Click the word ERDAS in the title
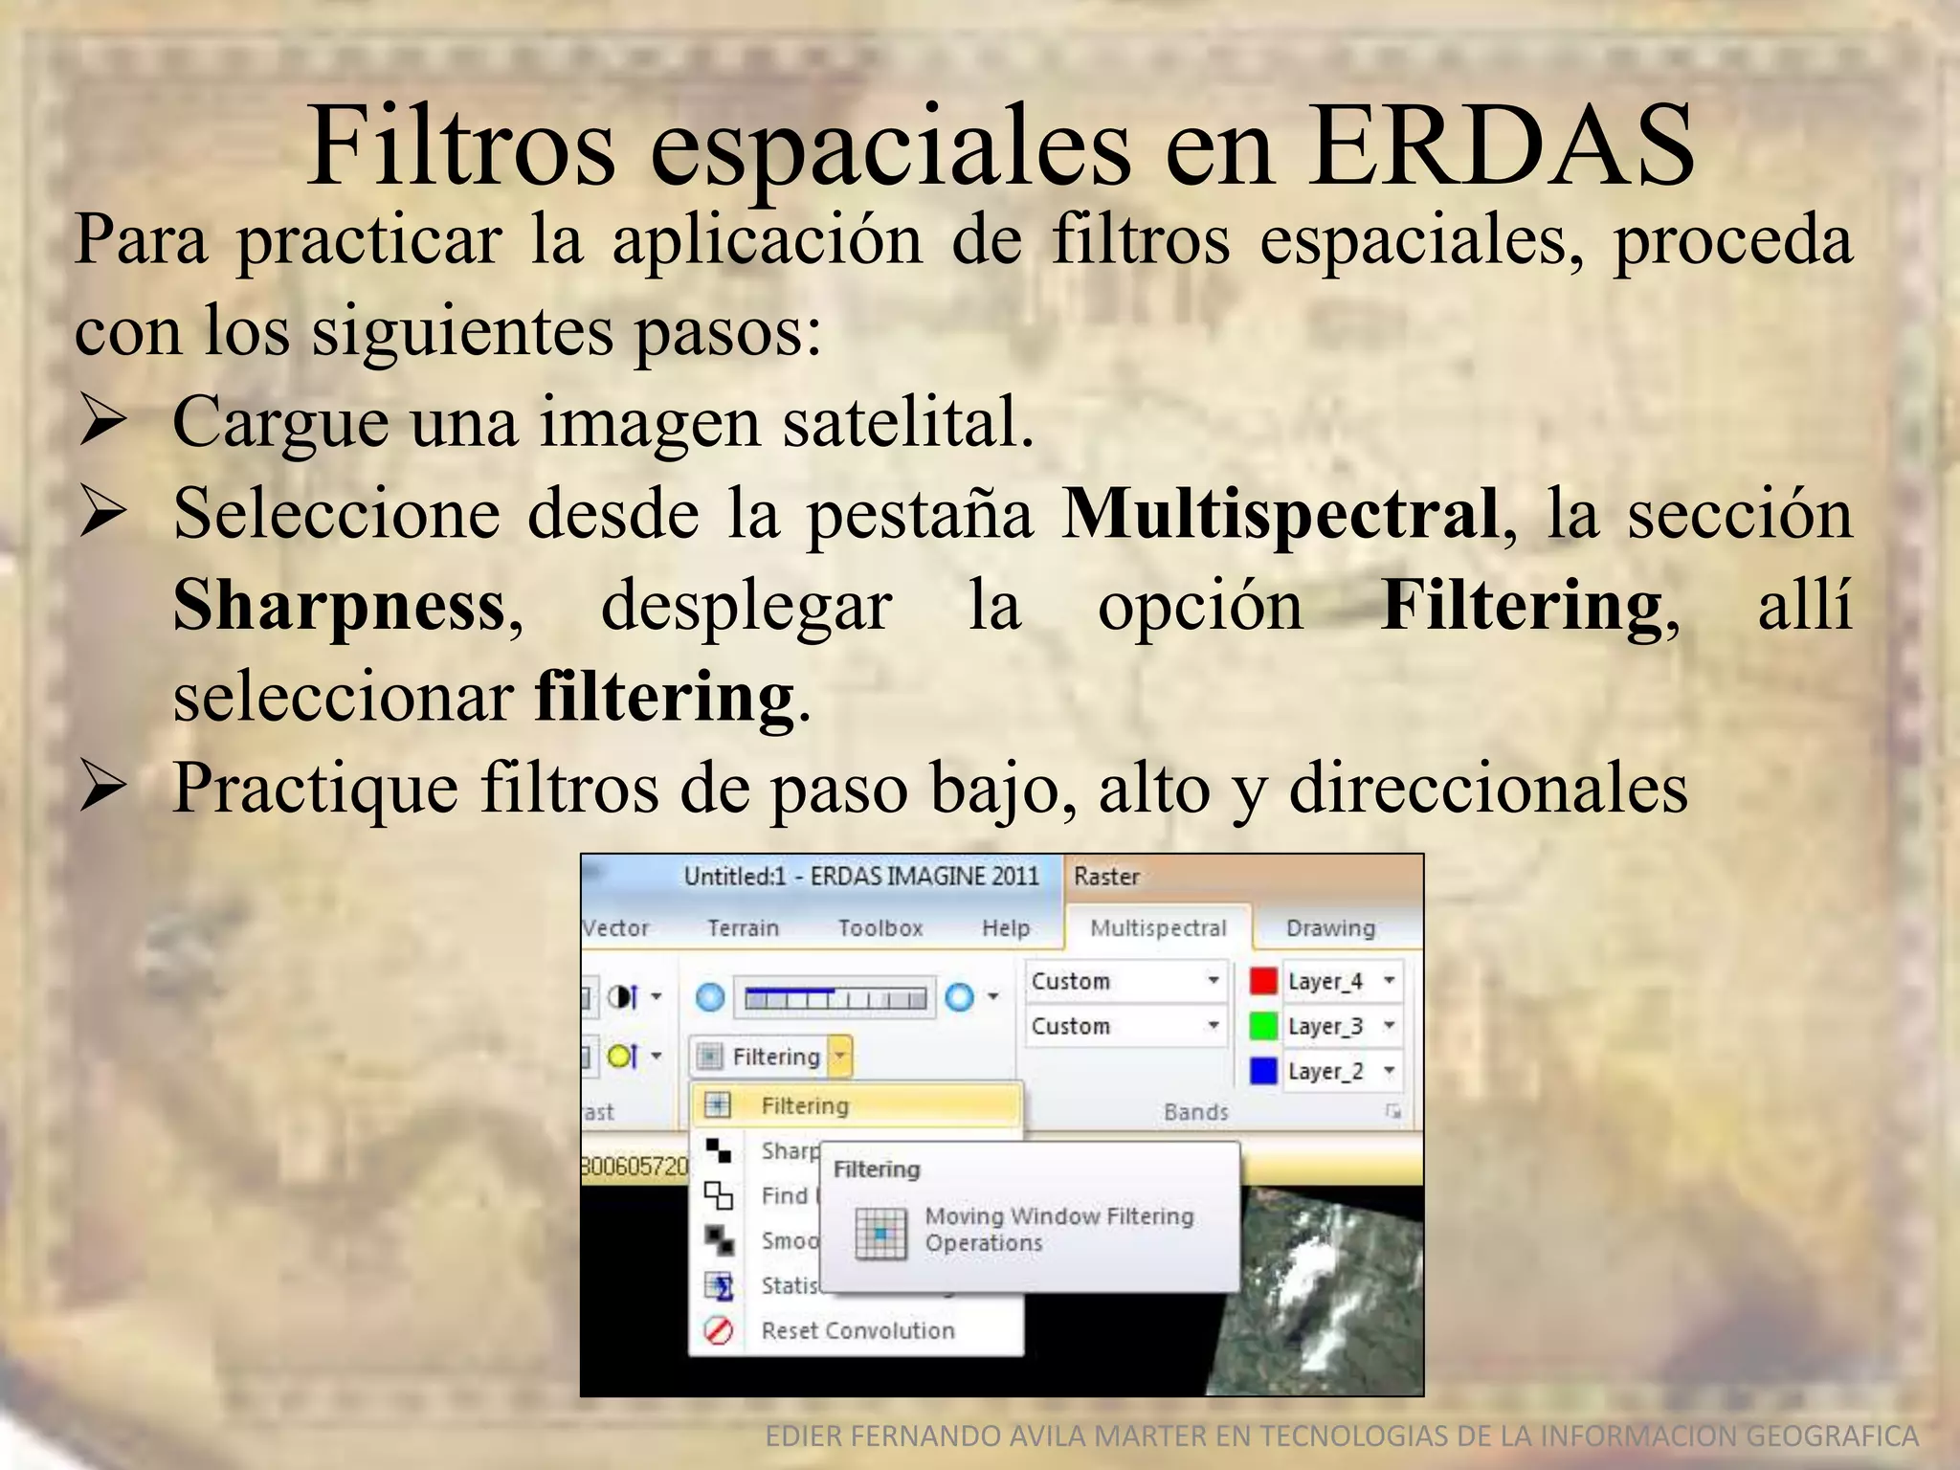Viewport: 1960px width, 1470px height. click(1501, 147)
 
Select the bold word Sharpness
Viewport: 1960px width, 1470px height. click(340, 607)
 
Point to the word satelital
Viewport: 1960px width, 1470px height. click(908, 422)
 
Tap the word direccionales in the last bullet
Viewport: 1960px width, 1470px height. click(1488, 789)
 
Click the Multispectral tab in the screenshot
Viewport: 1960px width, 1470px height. click(1157, 928)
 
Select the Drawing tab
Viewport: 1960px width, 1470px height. click(1329, 928)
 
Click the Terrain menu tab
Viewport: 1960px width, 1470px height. click(743, 928)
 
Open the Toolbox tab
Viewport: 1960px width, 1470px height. click(880, 928)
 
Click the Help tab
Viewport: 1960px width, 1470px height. click(1005, 928)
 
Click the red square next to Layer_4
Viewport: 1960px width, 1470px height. click(1263, 981)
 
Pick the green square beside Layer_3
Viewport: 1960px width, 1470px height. click(1263, 1026)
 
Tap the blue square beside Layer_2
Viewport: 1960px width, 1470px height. click(1263, 1071)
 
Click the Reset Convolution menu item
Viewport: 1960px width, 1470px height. click(857, 1330)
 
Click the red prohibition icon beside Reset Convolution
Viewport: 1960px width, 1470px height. click(718, 1330)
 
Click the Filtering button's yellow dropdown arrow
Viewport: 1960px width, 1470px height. click(839, 1057)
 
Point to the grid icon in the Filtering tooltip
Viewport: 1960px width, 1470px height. click(880, 1232)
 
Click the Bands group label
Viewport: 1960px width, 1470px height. click(1195, 1112)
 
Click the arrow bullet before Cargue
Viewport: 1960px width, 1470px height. click(103, 422)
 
